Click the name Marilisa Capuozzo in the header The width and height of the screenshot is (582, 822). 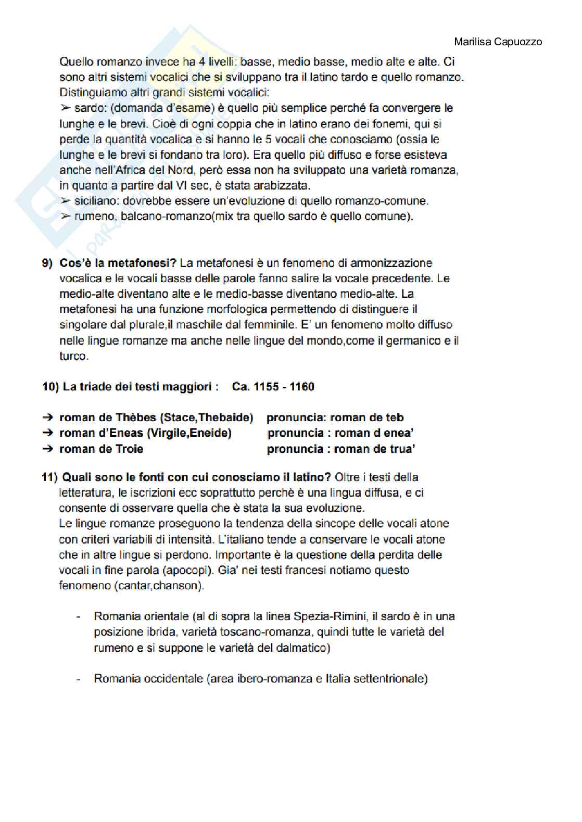[x=498, y=42]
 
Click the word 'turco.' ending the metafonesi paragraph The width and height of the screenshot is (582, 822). [x=74, y=357]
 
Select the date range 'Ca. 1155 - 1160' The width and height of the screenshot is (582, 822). [x=273, y=387]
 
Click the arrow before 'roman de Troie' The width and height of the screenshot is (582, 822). [x=48, y=449]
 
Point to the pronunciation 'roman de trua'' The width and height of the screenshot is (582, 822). [x=374, y=449]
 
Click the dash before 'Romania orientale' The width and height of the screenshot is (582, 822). [x=78, y=617]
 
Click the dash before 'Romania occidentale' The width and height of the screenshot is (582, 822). [x=78, y=679]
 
